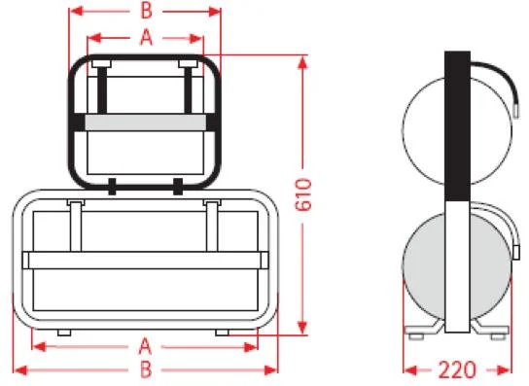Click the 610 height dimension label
[x=303, y=194]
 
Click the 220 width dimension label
[x=457, y=369]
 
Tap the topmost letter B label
[x=146, y=11]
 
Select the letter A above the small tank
[x=146, y=37]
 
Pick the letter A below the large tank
[x=145, y=346]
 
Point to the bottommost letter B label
[x=146, y=369]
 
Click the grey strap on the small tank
[x=146, y=123]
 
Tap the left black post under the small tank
[x=113, y=187]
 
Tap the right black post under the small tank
[x=178, y=187]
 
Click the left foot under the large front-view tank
[x=64, y=333]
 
